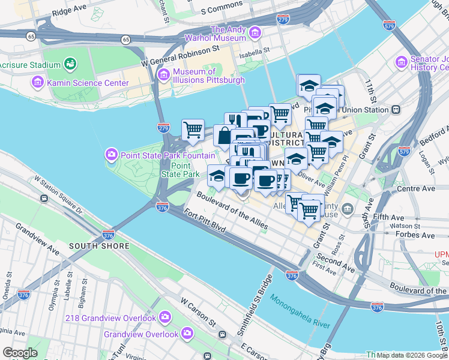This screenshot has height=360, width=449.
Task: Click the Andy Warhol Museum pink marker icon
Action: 256,32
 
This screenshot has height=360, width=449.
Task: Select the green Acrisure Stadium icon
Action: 70,63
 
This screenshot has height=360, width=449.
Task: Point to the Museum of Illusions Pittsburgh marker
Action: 163,74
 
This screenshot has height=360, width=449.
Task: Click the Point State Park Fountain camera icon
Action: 111,155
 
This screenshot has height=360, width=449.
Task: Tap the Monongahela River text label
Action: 300,310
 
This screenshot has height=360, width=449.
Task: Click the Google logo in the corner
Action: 20,353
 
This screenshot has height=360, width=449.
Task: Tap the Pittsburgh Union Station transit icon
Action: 396,110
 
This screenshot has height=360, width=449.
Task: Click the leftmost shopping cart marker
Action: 193,129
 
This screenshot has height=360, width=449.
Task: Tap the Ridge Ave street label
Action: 69,11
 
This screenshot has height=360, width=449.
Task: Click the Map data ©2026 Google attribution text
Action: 412,355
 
